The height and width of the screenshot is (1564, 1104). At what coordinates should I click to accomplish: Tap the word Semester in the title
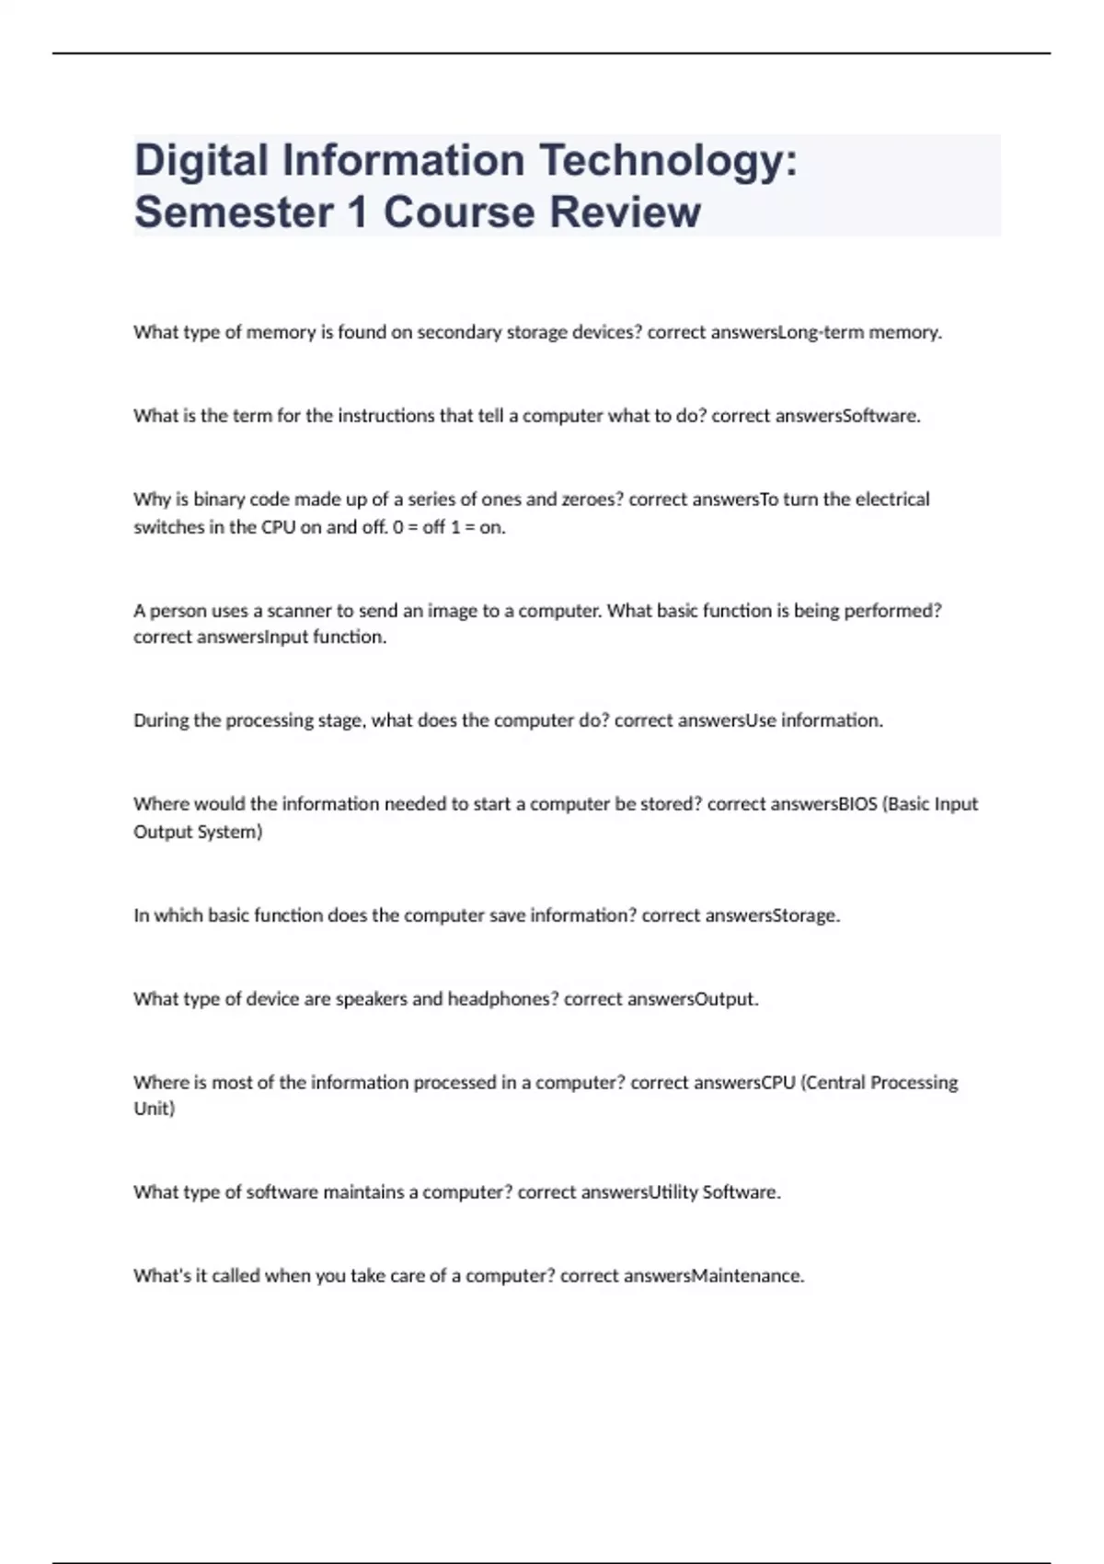[234, 213]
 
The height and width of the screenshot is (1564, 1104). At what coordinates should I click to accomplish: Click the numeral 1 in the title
[357, 213]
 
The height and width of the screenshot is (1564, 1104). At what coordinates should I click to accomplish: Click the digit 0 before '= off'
[398, 527]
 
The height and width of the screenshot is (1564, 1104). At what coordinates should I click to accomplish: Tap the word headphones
[502, 999]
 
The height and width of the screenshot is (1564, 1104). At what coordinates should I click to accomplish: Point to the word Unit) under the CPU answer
[155, 1109]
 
